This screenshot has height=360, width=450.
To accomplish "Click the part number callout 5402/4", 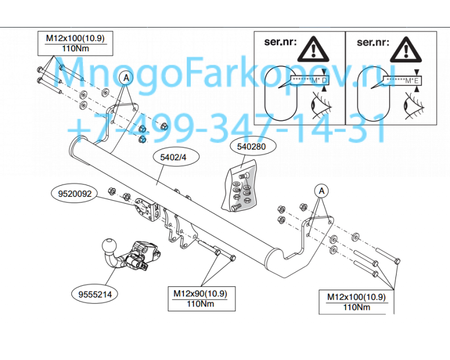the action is (x=173, y=157).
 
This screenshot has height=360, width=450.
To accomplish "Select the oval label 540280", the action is (x=251, y=147).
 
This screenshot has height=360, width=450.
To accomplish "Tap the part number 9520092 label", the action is (x=75, y=193).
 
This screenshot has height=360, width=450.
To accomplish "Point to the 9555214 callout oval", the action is (x=95, y=294).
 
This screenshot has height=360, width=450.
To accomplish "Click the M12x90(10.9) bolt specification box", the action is (x=201, y=299).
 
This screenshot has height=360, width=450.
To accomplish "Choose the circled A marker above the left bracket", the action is (x=126, y=78).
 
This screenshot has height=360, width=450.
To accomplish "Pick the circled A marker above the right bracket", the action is (x=321, y=191).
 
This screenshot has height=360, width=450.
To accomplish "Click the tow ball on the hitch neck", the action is (x=109, y=246).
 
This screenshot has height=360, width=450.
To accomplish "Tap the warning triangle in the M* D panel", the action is (x=313, y=49).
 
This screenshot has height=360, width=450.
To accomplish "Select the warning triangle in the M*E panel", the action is (x=406, y=49).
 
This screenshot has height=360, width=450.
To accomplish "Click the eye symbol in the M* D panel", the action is (x=321, y=105).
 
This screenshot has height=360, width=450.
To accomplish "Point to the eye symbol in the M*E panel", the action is (x=414, y=105).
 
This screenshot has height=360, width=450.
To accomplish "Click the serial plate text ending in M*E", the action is (x=403, y=81).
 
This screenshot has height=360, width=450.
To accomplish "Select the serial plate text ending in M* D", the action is (x=310, y=80).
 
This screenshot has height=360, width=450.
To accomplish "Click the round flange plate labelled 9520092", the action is (x=143, y=209).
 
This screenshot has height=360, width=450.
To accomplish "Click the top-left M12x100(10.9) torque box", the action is (x=75, y=43).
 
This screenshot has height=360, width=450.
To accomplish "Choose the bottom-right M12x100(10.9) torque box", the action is (x=357, y=302).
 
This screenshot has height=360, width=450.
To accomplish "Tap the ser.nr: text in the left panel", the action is (x=280, y=42).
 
